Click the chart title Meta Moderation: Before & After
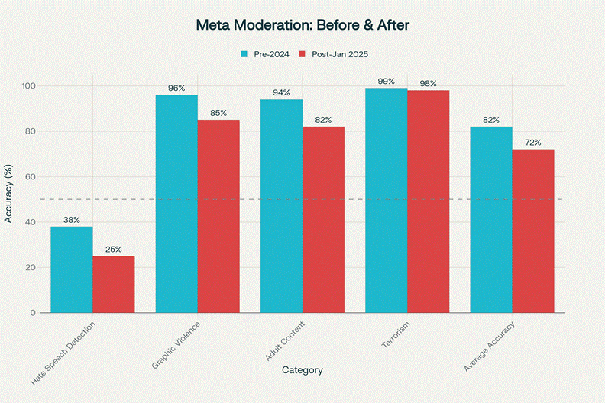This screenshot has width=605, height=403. click(302, 25)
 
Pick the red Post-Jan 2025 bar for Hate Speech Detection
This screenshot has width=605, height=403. click(114, 284)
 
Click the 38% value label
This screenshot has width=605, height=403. click(72, 220)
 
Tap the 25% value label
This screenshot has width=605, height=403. click(114, 250)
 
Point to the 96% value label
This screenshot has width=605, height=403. click(176, 88)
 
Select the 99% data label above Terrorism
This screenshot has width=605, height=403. click(386, 81)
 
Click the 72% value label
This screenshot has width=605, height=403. click(533, 143)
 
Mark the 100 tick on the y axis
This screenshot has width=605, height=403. click(28, 85)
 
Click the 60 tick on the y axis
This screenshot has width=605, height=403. click(31, 176)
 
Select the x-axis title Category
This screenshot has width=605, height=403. click(302, 370)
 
